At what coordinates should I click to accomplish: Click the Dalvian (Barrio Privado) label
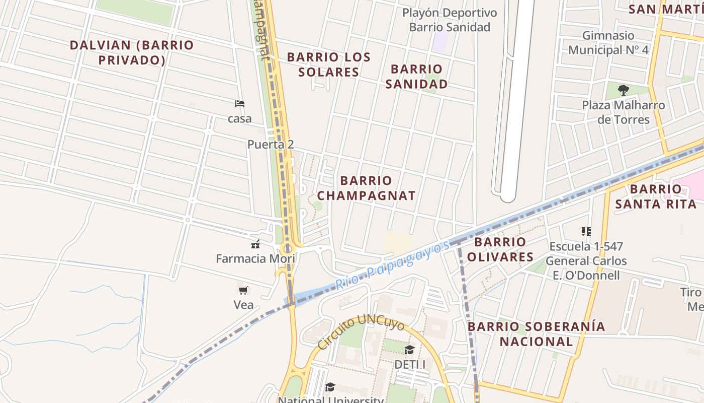[x=132, y=52]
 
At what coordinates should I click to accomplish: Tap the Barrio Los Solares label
[x=329, y=64]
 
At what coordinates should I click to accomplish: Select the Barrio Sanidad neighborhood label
[x=416, y=77]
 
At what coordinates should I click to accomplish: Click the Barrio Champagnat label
[x=366, y=188]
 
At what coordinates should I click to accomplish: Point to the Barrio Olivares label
[x=500, y=249]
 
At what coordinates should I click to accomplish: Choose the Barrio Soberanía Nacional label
[x=536, y=334]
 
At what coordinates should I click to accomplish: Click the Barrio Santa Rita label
[x=656, y=196]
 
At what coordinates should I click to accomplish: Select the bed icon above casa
[x=240, y=104]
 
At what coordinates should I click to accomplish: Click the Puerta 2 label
[x=271, y=145]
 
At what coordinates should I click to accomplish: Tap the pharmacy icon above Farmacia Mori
[x=255, y=245]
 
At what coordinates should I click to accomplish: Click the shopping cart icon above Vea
[x=243, y=290]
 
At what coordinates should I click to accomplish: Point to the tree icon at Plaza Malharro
[x=624, y=91]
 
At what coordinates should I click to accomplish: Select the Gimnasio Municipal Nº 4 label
[x=608, y=43]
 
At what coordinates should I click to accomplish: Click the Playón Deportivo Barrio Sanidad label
[x=450, y=20]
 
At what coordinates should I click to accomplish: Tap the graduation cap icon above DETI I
[x=410, y=350]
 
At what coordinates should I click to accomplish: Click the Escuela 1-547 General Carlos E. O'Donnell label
[x=586, y=261]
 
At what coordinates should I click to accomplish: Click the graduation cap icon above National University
[x=330, y=387]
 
